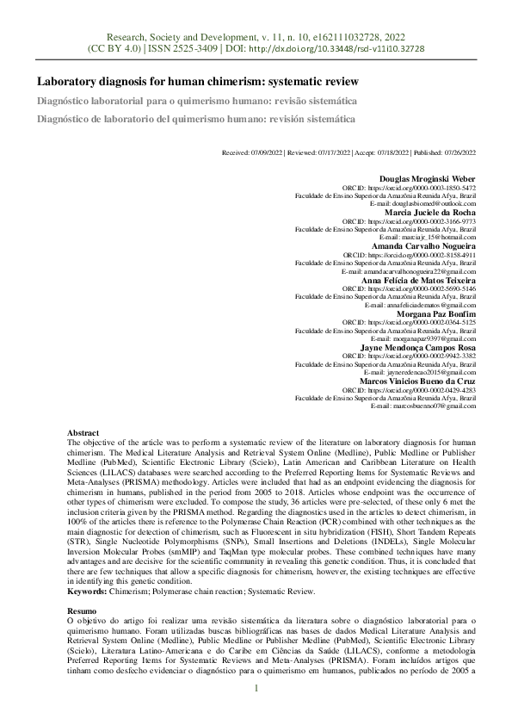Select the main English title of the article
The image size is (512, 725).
click(197, 83)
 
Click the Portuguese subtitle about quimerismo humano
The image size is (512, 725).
click(196, 101)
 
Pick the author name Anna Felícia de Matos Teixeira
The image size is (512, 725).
click(419, 279)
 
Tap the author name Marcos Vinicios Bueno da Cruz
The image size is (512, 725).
click(417, 379)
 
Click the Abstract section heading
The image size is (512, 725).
click(83, 432)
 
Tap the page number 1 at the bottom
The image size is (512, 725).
click(256, 689)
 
